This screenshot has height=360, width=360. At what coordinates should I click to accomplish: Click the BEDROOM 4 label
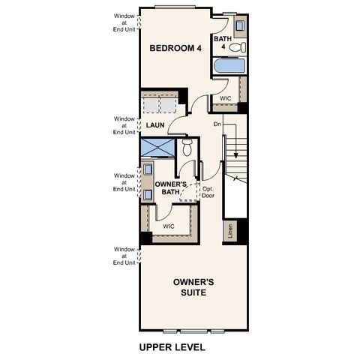pyautogui.click(x=175, y=49)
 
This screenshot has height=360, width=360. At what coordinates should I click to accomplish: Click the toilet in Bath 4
pyautogui.click(x=238, y=47)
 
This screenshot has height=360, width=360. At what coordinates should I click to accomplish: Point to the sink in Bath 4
pyautogui.click(x=239, y=28)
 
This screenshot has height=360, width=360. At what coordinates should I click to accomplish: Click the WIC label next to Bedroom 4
pyautogui.click(x=225, y=98)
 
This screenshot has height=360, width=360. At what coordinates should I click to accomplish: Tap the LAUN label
pyautogui.click(x=155, y=125)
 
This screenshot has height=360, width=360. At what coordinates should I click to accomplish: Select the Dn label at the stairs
pyautogui.click(x=217, y=124)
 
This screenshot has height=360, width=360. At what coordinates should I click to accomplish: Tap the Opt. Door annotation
pyautogui.click(x=209, y=193)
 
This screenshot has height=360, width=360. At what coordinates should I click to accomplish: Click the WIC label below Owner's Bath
pyautogui.click(x=169, y=225)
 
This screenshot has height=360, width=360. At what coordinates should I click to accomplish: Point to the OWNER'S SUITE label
pyautogui.click(x=193, y=288)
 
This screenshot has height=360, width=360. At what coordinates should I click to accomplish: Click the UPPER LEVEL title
pyautogui.click(x=172, y=349)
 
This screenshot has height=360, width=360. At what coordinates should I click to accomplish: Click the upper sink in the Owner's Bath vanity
pyautogui.click(x=148, y=169)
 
